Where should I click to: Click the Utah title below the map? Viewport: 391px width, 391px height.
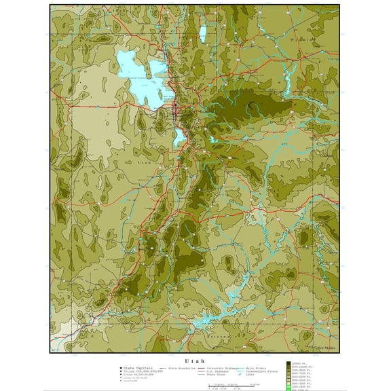[x=195, y=360]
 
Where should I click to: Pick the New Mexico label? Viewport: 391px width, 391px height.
[x=327, y=349]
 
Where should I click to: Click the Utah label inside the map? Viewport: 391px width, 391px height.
[x=145, y=163]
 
